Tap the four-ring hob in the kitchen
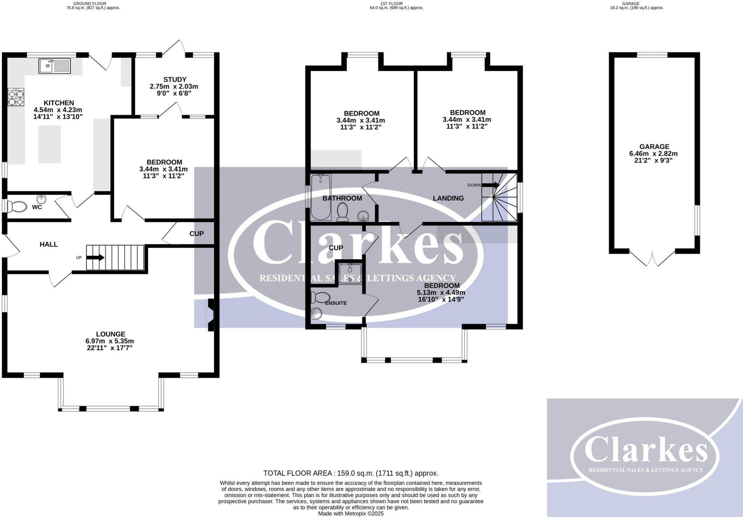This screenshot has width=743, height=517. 16,97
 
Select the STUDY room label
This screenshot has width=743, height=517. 175,79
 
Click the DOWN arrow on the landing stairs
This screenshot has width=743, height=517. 491,185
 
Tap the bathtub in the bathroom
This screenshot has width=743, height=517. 321,197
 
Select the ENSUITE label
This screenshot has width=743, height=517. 336,303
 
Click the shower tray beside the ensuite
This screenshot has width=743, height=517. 350,274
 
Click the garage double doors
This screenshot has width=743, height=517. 652,258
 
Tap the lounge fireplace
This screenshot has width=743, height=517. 210,315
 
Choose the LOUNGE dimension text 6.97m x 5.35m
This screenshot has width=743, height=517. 110,341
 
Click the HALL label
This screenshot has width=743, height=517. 49,244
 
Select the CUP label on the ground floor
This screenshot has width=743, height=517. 197,234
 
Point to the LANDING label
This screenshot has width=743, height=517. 448,198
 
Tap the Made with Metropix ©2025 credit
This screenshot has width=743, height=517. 351,514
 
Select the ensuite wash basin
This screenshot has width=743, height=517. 316,314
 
